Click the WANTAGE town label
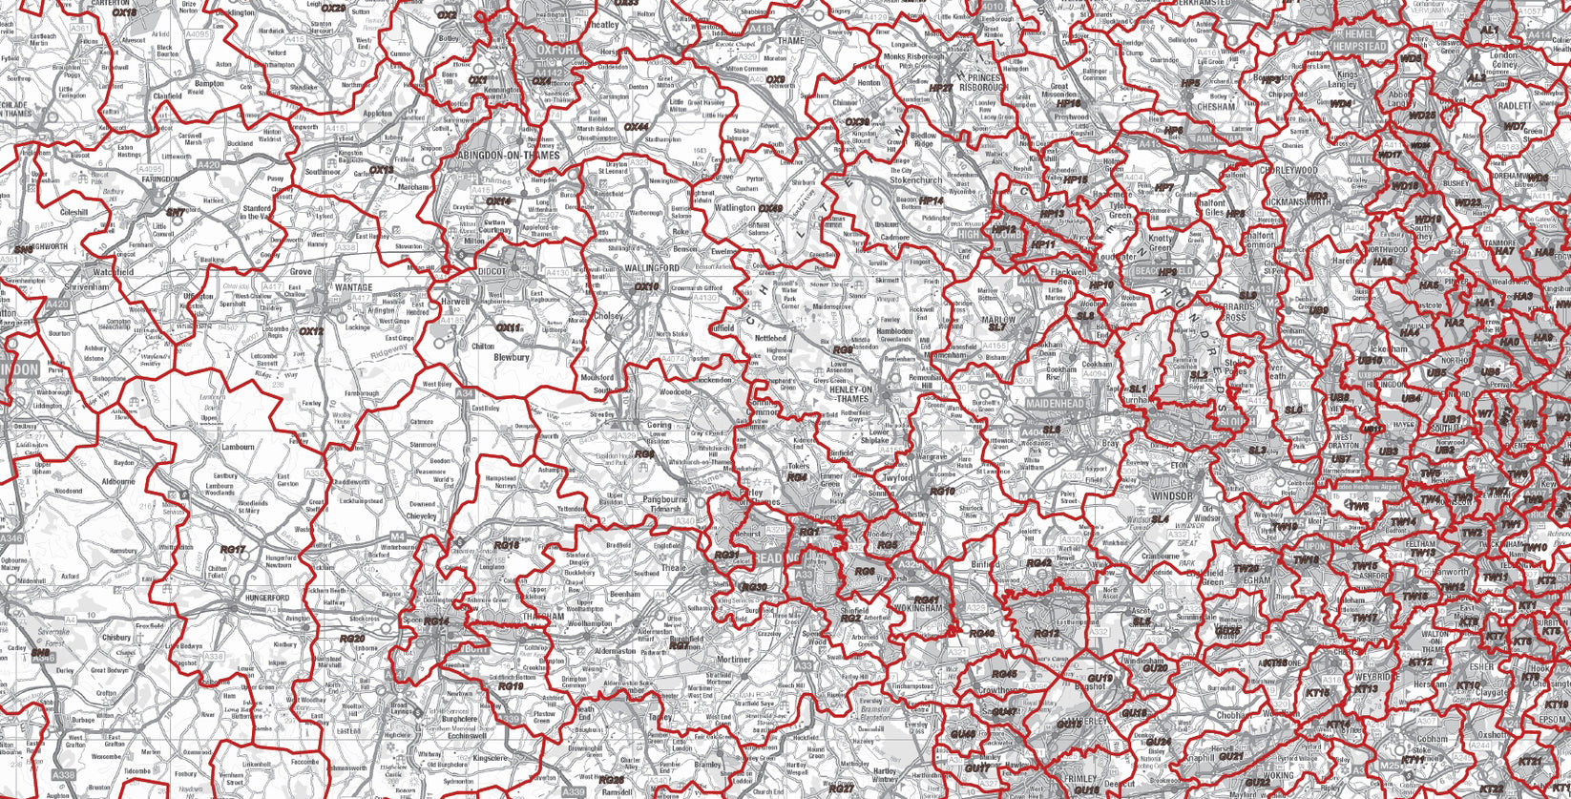pos(354,286)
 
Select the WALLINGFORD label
pos(653,269)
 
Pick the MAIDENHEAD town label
pos(1056,404)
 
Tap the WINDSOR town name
pos(1171,496)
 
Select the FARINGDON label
pos(160,179)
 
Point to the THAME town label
pos(791,41)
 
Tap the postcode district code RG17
pos(233,550)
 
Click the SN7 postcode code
pos(176,213)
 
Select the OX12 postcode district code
pos(312,332)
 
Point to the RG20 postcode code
pos(352,639)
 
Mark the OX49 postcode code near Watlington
pos(770,207)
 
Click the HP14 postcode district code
pos(931,201)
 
